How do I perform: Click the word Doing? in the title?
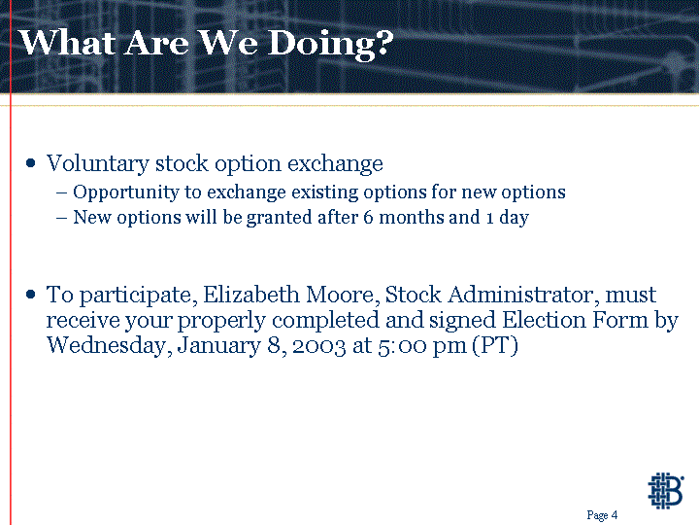(330, 45)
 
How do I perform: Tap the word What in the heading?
(68, 43)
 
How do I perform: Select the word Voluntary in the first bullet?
(98, 164)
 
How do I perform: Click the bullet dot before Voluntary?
(30, 163)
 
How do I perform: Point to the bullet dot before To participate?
(30, 295)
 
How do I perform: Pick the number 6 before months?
(368, 218)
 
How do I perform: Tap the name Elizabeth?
(251, 295)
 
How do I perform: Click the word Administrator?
(523, 295)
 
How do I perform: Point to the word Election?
(544, 320)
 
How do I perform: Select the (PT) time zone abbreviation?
(495, 345)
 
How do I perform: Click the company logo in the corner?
(666, 491)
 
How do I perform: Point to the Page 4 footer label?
(602, 515)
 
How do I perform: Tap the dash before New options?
(62, 219)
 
